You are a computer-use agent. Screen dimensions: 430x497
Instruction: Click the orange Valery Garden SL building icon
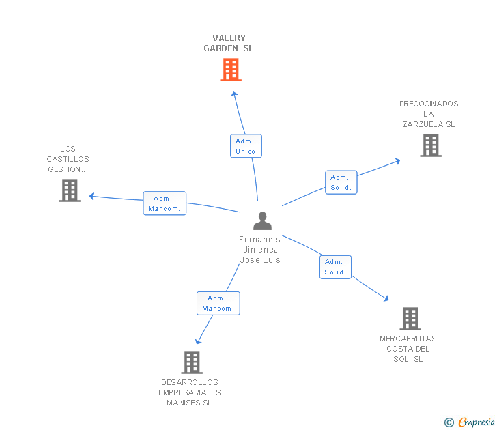point(231,70)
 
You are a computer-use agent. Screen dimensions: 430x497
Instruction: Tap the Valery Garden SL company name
point(229,44)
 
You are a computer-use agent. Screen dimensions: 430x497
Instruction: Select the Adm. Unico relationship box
point(246,146)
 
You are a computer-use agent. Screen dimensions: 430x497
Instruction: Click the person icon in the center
point(262,221)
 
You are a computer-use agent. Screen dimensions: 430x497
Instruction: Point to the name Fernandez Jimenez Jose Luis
point(260,250)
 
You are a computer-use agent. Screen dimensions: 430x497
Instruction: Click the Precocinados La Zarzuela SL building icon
point(430,145)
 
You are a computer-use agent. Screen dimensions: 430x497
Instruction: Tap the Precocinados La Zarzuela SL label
point(429,114)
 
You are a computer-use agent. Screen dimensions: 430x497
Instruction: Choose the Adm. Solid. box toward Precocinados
point(341,182)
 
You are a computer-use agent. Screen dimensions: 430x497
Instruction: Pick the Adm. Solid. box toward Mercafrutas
point(335,267)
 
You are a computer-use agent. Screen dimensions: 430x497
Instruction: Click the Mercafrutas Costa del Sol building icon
point(410,319)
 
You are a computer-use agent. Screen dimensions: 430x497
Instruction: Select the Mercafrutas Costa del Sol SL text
point(408,349)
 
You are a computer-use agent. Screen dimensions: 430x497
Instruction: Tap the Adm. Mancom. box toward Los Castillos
point(165,203)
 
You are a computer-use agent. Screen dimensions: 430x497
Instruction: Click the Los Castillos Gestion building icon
point(70,190)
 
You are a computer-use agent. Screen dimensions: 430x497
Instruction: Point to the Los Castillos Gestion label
point(68,159)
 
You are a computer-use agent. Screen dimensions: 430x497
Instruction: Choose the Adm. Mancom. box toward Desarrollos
point(218,303)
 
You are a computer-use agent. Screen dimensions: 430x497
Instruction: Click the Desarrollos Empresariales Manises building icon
point(192,362)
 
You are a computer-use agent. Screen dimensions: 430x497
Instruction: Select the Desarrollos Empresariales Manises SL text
point(190,392)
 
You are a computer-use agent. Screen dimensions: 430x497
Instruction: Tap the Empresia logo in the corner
point(470,422)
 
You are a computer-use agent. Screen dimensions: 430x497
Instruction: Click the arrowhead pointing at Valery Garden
point(234,94)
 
